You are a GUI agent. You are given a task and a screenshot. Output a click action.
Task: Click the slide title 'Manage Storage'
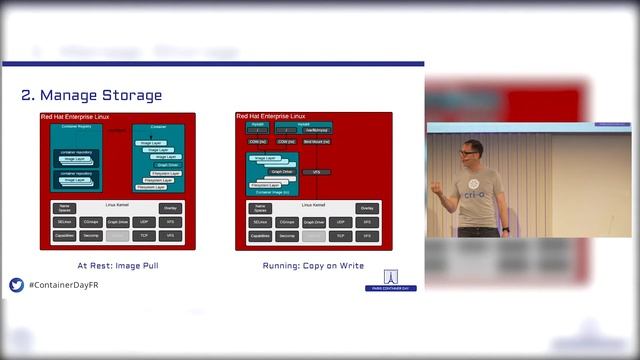point(91,96)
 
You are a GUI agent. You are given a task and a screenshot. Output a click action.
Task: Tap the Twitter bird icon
point(16,285)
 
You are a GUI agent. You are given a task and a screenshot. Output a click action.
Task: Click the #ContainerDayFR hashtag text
point(63,286)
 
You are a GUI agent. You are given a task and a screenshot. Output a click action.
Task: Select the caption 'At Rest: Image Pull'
point(118,266)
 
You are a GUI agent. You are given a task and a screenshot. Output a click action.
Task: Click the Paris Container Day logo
point(390,280)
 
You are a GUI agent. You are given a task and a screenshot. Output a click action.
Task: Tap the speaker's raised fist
point(437,186)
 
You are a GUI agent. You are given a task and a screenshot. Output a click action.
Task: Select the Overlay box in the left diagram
point(171,208)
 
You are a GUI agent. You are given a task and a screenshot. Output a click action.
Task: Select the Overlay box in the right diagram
point(367,208)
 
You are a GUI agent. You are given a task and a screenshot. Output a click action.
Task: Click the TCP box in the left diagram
point(144,236)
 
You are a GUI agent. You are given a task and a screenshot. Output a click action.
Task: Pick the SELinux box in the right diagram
point(260,222)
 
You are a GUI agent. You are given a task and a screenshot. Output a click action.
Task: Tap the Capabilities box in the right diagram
point(260,236)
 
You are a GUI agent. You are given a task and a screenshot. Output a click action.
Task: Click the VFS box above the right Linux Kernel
point(316,172)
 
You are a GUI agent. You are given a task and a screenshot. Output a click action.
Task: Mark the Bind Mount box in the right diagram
point(316,142)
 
